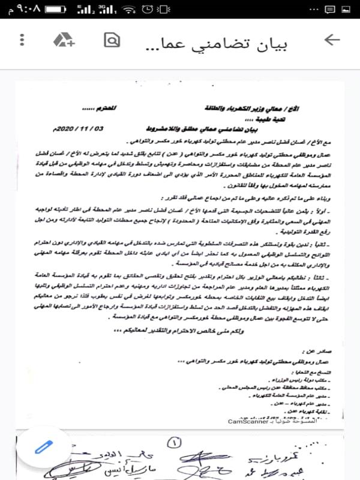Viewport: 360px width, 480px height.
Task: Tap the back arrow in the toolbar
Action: coord(331,40)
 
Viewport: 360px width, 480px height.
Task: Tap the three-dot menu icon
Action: coord(22,40)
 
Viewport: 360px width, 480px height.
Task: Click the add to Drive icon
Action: coord(64,40)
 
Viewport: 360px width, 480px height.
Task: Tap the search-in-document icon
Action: coord(112,40)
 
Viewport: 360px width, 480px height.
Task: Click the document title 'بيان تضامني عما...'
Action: coord(225,43)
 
